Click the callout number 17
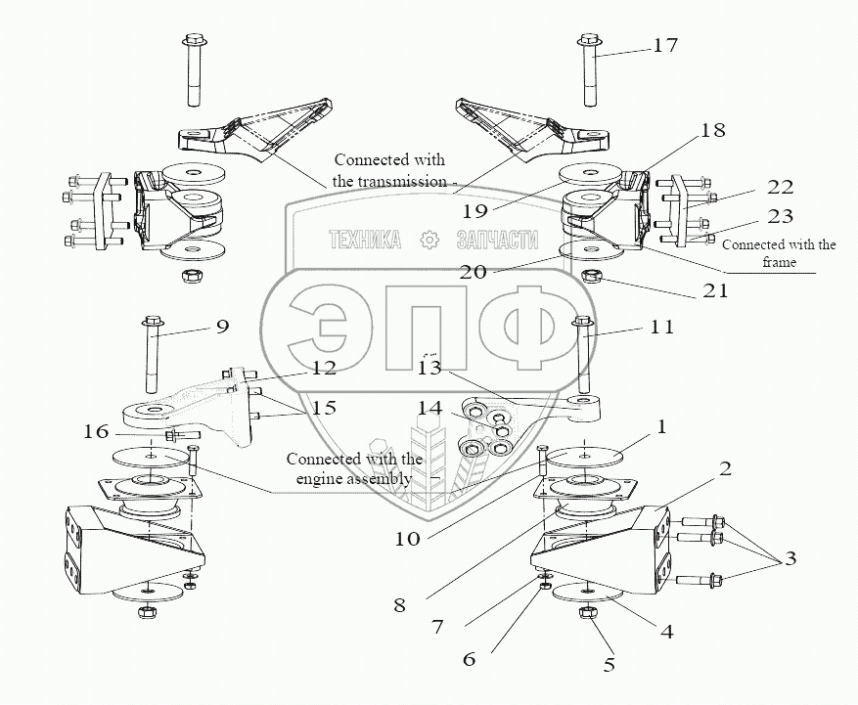[665, 45]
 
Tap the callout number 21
[716, 290]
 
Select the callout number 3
[790, 558]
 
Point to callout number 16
[96, 432]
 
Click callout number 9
[222, 327]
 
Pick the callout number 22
[781, 187]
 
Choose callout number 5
[610, 665]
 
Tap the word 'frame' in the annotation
[779, 262]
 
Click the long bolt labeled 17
[589, 70]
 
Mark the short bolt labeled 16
[182, 435]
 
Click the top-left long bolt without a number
[195, 70]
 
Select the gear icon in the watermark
[429, 240]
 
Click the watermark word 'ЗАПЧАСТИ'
[497, 240]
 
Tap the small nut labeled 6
[544, 586]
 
